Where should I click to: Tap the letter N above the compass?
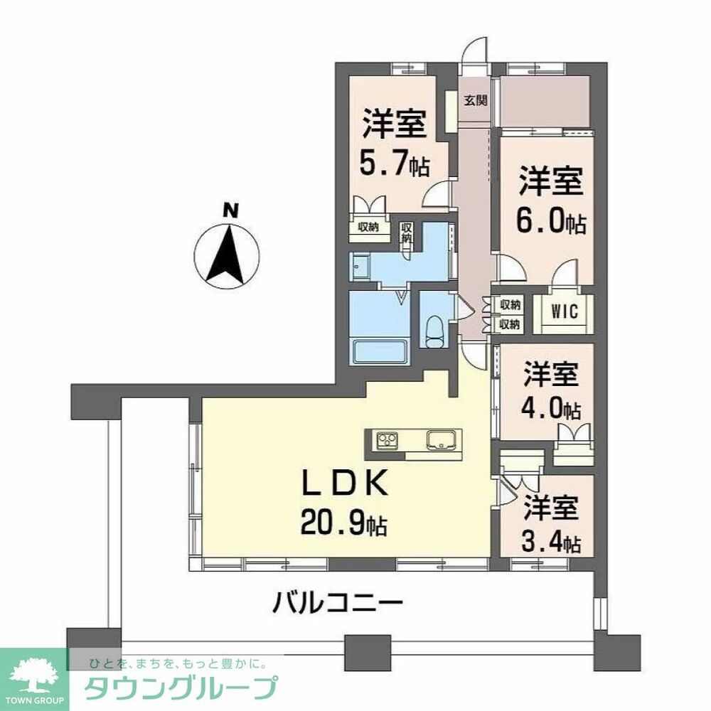tap(229, 210)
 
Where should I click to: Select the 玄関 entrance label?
tap(476, 100)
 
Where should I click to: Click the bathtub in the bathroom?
tap(380, 351)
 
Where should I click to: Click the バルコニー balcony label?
tap(338, 606)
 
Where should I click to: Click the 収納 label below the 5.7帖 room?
tap(369, 227)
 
